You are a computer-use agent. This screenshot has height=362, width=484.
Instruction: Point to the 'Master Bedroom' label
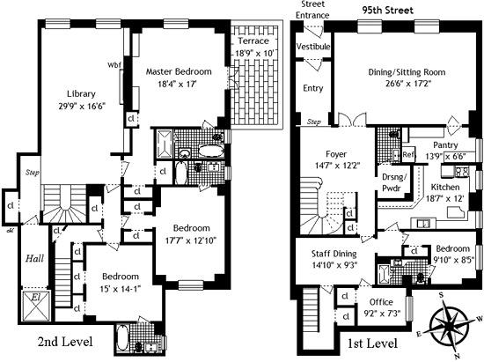179,70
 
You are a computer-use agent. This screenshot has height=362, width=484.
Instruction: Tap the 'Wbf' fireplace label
114,64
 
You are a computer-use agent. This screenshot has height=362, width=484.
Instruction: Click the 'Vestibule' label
312,46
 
